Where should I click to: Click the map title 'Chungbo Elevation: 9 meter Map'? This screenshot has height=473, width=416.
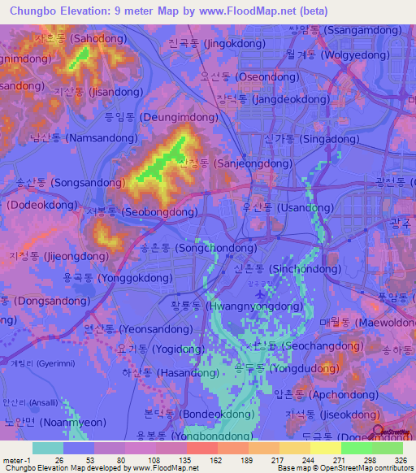(87, 11)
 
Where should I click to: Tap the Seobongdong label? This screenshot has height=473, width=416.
(141, 211)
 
